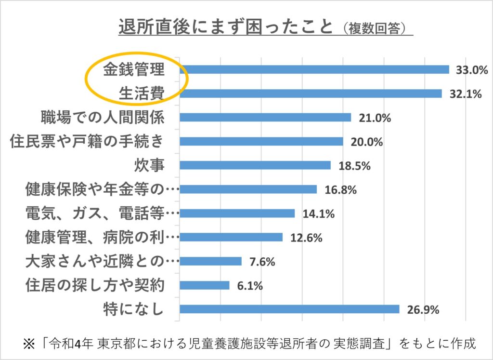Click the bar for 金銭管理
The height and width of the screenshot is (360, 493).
314,69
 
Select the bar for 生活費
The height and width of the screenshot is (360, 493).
311,93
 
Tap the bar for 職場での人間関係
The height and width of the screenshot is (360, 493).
265,118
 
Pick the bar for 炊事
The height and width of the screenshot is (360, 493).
255,165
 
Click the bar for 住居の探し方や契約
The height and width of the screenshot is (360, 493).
205,285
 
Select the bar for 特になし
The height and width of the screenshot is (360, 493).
289,309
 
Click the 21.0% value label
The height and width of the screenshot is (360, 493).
374,118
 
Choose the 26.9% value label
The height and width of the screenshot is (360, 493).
423,310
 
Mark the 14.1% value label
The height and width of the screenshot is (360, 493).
318,213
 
